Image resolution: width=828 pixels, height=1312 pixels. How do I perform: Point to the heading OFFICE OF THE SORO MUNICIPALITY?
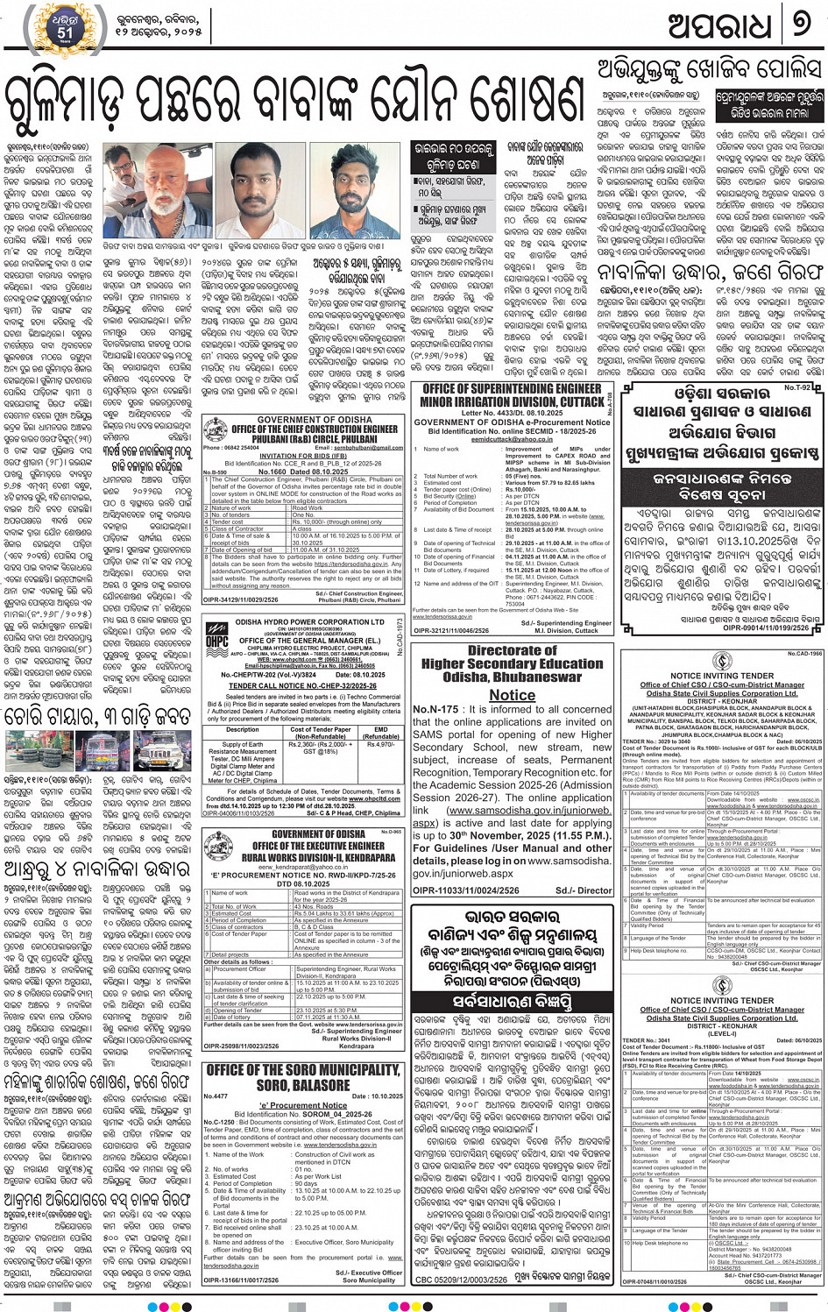[303, 1070]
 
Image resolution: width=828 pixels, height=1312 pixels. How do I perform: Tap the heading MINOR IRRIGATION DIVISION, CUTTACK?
[512, 401]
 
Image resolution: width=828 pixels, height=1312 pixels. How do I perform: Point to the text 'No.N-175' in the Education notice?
[435, 710]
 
